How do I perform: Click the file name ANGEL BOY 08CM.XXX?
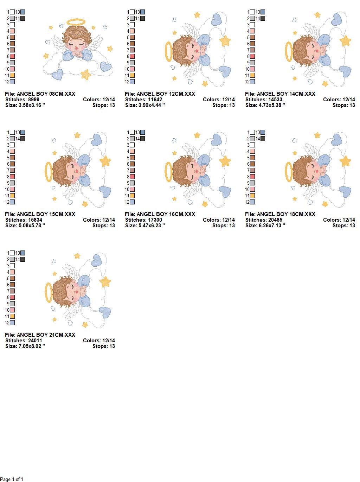point(46,94)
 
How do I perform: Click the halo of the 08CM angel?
point(76,21)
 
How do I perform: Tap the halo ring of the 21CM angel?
point(48,292)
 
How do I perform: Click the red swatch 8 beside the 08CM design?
point(12,56)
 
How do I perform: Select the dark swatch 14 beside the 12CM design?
point(142,18)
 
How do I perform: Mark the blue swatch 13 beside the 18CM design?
point(263,132)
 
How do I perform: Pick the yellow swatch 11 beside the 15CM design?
point(12,196)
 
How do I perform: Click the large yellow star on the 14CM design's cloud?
point(345,41)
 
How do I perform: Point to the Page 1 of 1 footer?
point(12,479)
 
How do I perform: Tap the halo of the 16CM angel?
point(168,172)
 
